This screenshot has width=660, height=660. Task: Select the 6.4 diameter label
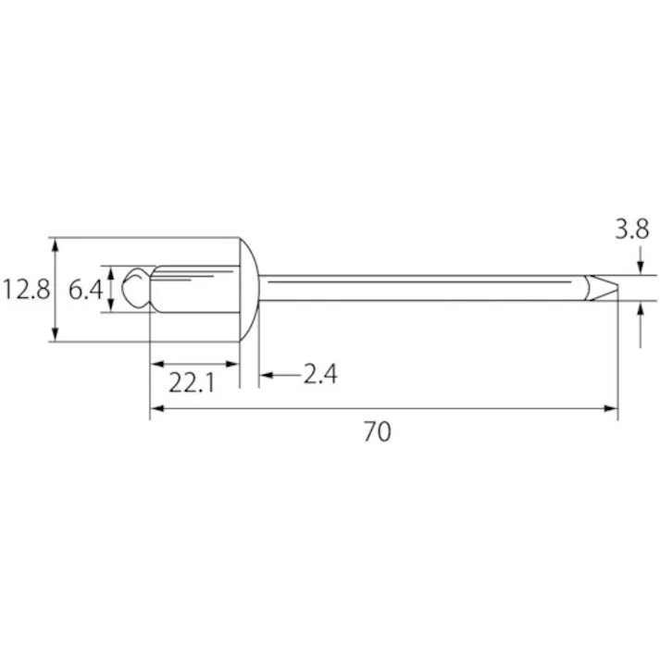(86, 290)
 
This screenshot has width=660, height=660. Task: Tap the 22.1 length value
(193, 380)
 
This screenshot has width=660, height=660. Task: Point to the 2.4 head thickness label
(319, 374)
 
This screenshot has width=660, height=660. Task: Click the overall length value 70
(377, 431)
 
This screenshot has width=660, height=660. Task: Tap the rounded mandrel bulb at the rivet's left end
(136, 288)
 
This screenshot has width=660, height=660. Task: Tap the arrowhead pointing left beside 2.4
(265, 375)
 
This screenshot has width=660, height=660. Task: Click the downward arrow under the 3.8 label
(641, 268)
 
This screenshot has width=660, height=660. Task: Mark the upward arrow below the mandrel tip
(641, 309)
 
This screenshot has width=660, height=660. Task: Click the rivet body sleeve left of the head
(194, 289)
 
